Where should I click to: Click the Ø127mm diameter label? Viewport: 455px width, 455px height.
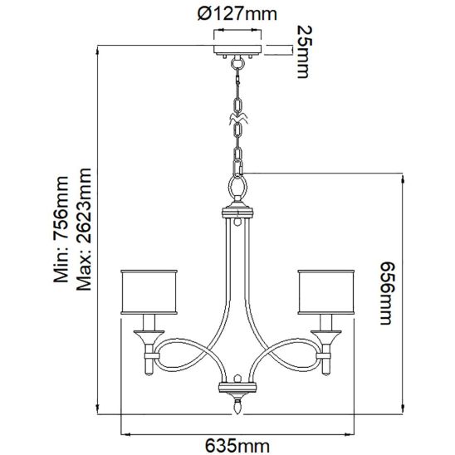[x=237, y=13]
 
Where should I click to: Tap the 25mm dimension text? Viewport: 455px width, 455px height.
[x=305, y=51]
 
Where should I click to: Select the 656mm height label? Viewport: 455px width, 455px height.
[x=388, y=293]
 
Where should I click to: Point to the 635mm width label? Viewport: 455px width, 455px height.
[x=237, y=445]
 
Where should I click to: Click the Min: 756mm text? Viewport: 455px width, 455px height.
[x=61, y=229]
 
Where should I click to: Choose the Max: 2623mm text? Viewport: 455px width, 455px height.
[x=84, y=229]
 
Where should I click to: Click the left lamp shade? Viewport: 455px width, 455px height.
[x=149, y=292]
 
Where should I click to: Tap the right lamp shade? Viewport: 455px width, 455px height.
[x=326, y=292]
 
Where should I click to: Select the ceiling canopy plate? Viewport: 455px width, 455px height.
[x=237, y=49]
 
